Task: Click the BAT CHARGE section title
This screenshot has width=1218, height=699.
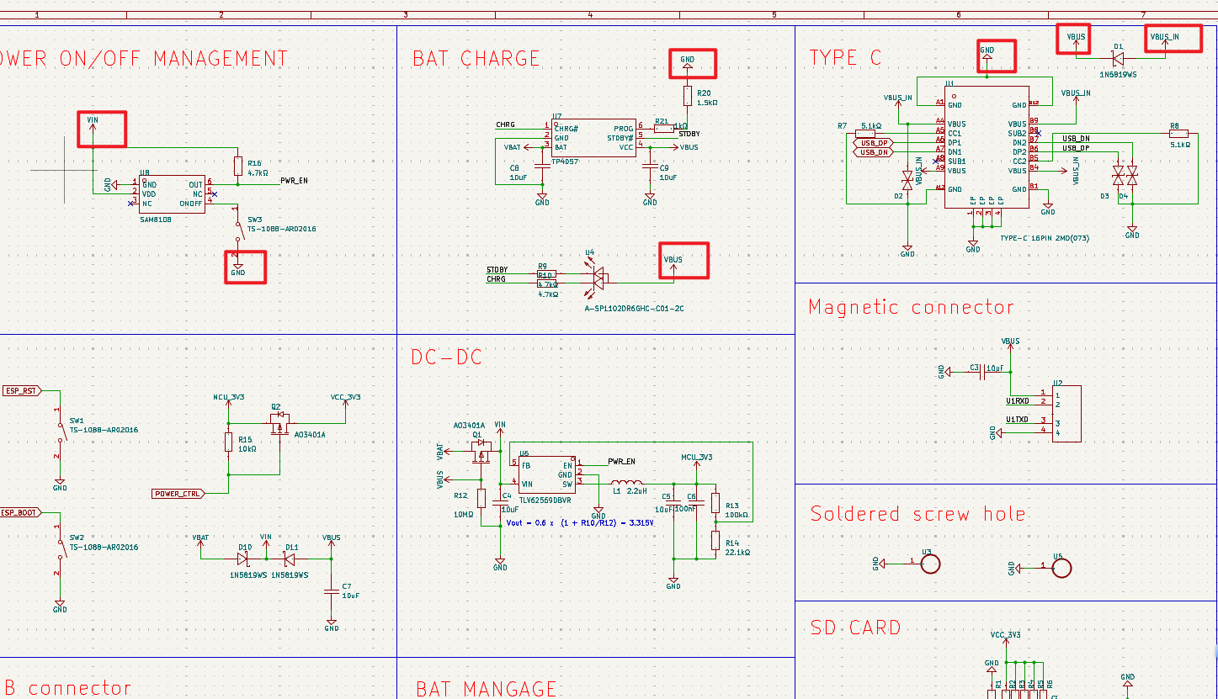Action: (x=476, y=59)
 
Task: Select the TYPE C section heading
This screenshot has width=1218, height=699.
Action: (x=845, y=58)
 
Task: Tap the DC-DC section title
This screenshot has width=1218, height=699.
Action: (x=446, y=357)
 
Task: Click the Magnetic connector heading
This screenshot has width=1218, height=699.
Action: (x=911, y=308)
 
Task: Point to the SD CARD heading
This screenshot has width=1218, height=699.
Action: (x=855, y=628)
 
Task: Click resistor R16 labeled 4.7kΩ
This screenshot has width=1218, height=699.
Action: (x=239, y=165)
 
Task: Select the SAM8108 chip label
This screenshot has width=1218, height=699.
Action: (x=156, y=219)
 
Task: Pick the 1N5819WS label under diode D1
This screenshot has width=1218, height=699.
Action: (x=1118, y=75)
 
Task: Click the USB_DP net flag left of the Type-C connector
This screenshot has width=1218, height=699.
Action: (x=872, y=143)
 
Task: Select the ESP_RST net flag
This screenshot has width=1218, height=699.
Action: (x=22, y=391)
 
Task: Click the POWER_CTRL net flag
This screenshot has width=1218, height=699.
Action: (x=177, y=494)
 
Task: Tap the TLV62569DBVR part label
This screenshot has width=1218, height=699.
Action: (x=545, y=500)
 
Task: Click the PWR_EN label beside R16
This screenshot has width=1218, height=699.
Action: (x=293, y=180)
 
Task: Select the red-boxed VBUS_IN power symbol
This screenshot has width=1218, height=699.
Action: (x=1165, y=38)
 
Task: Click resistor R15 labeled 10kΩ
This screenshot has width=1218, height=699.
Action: (x=228, y=442)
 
